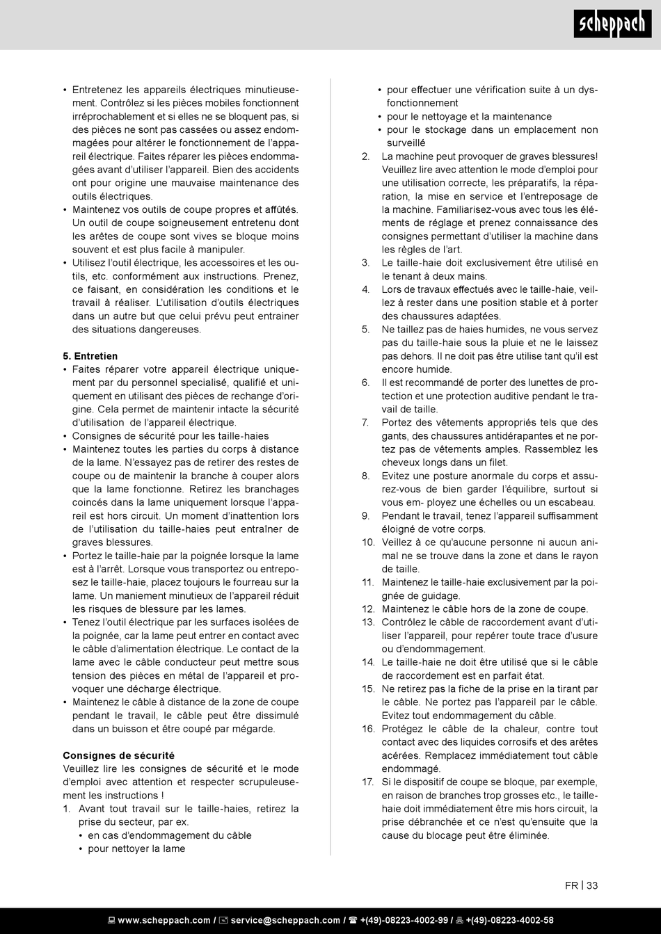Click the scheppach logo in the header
coord(612,25)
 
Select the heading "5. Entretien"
coord(90,356)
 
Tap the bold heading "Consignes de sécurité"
coord(118,755)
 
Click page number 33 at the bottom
coord(592,885)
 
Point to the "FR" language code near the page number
coord(571,885)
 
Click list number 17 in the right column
coord(367,782)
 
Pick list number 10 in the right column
coord(367,542)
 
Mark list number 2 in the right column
coord(366,156)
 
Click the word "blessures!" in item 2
coord(573,156)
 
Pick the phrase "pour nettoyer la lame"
coord(136,848)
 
